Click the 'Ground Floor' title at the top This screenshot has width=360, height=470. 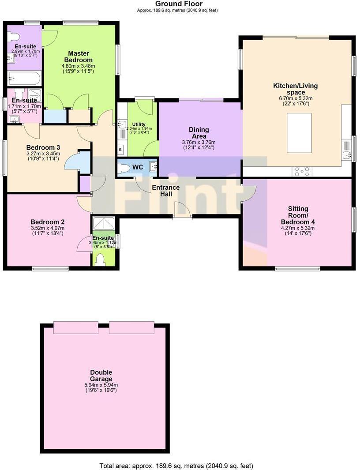[179, 4]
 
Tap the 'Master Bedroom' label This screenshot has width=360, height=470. [78, 56]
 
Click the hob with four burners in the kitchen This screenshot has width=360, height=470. [302, 171]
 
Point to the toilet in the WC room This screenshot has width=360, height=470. [125, 168]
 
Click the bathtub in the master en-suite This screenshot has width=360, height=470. [24, 79]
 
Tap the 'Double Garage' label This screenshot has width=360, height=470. [101, 376]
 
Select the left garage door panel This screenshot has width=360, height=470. [75, 327]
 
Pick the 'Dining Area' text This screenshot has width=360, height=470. [199, 133]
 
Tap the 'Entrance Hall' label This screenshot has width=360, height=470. [165, 191]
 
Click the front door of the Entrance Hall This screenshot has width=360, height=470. [182, 210]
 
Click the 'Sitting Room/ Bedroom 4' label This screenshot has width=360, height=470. [298, 215]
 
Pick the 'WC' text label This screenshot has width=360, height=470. [138, 168]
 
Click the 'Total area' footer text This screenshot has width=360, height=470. [177, 466]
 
